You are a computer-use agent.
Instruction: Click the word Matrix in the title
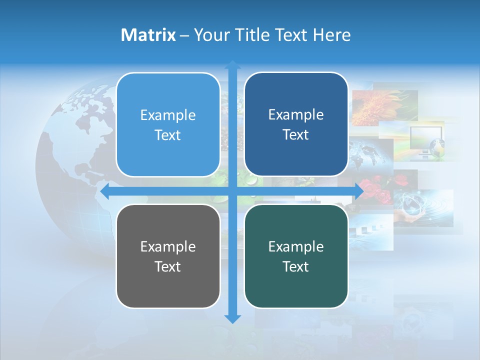pyautogui.click(x=148, y=35)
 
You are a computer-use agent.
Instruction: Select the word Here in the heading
pyautogui.click(x=331, y=35)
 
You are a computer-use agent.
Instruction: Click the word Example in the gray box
pyautogui.click(x=168, y=246)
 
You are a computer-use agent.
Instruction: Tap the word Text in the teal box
pyautogui.click(x=296, y=266)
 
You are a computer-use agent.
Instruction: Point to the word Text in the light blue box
pyautogui.click(x=168, y=135)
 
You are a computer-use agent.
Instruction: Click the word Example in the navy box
pyautogui.click(x=296, y=114)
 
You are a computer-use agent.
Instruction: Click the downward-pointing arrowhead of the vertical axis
pyautogui.click(x=232, y=318)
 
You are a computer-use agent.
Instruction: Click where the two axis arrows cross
pyautogui.click(x=232, y=191)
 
